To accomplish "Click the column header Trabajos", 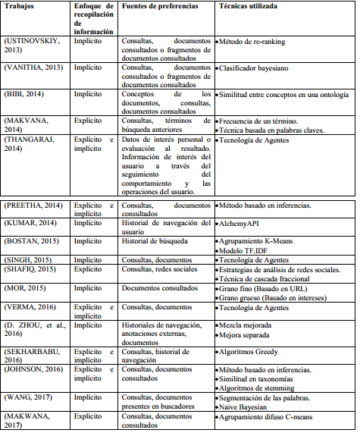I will click(23, 8).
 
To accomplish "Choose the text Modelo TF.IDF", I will click(246, 251).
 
